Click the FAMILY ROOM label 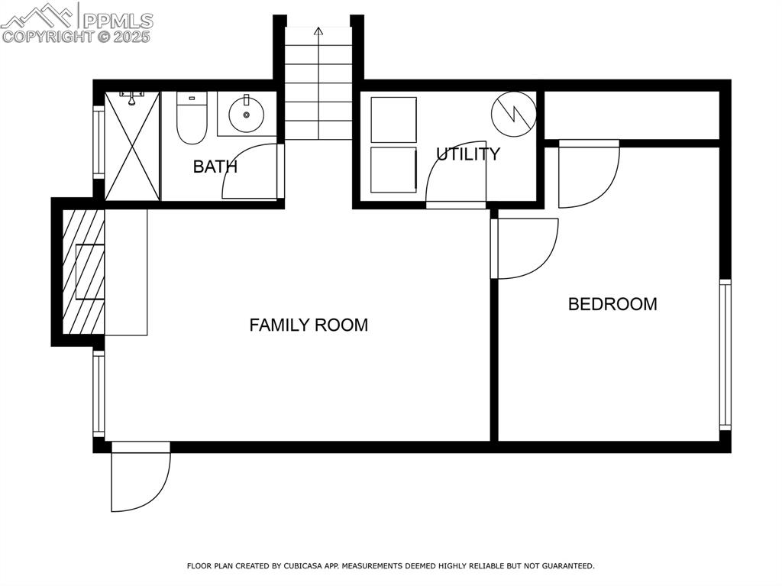point(309,325)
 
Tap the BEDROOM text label point(612,304)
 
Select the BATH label point(215,167)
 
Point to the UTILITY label point(467,154)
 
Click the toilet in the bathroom point(192,118)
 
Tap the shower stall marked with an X point(132,145)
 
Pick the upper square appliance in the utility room point(393,119)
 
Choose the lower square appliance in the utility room point(393,170)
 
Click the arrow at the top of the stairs point(318,32)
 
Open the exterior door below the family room point(141,478)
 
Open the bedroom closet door point(588,174)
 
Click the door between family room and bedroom point(527,249)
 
